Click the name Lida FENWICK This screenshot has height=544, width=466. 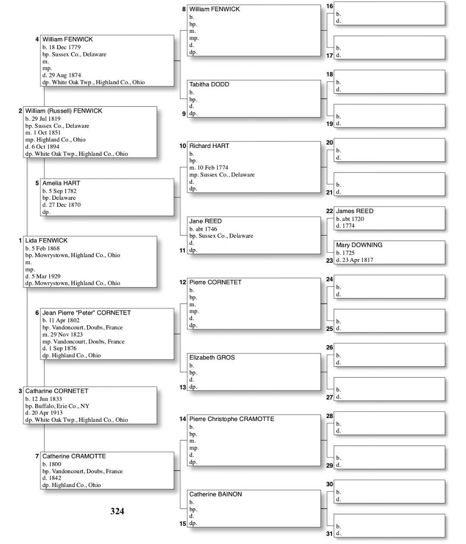pyautogui.click(x=46, y=240)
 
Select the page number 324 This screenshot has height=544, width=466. pyautogui.click(x=117, y=511)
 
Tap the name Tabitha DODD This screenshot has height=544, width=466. pyautogui.click(x=209, y=85)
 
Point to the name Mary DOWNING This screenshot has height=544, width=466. pyautogui.click(x=359, y=245)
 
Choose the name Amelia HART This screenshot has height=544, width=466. pyautogui.click(x=61, y=183)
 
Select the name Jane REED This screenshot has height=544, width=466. pyautogui.click(x=205, y=221)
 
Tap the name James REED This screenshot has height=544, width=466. pyautogui.click(x=355, y=211)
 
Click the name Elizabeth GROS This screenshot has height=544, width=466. pyautogui.click(x=212, y=358)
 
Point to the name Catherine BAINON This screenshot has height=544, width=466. pyautogui.click(x=215, y=494)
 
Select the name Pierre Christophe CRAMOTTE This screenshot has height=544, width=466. pyautogui.click(x=231, y=419)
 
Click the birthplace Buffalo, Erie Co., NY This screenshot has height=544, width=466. pyautogui.click(x=62, y=406)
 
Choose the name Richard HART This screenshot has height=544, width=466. pyautogui.click(x=209, y=146)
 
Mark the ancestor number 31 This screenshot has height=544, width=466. pyautogui.click(x=329, y=534)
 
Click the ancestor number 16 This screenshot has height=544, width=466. pyautogui.click(x=329, y=6)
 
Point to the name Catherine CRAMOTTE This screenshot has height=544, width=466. pyautogui.click(x=74, y=456)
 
